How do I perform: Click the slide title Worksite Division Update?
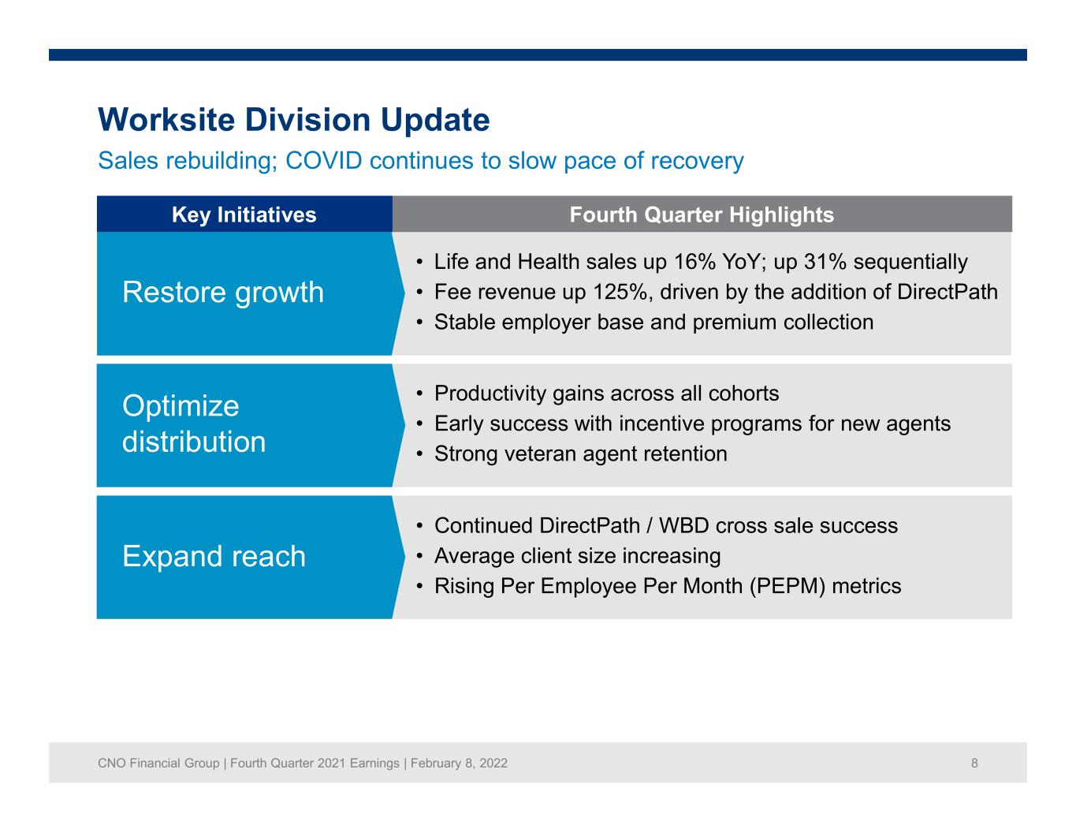click(294, 120)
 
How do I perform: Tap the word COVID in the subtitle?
click(324, 160)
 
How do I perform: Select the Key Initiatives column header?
click(244, 215)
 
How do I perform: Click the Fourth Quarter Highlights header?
click(702, 215)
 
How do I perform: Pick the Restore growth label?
click(223, 292)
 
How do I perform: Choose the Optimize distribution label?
click(194, 424)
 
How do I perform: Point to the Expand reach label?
click(214, 556)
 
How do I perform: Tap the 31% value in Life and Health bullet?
click(825, 262)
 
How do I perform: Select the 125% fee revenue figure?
click(620, 292)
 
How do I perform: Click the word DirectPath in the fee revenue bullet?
click(948, 292)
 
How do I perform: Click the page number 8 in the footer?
click(974, 763)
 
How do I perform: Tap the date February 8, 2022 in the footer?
click(459, 763)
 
